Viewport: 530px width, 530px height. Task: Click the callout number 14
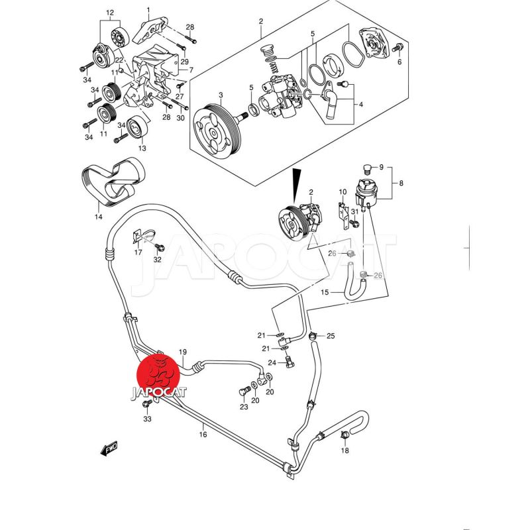coord(98,217)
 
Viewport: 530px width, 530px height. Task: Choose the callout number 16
coord(203,435)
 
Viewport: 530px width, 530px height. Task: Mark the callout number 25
coord(331,336)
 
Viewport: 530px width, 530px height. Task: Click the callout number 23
coord(244,407)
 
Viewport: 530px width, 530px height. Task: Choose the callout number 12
coord(110,13)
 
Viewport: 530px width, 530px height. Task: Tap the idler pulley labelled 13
coord(137,127)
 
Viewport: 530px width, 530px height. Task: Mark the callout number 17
coord(138,252)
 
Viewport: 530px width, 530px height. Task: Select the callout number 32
coord(157,260)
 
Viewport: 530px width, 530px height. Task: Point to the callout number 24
coord(272,362)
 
